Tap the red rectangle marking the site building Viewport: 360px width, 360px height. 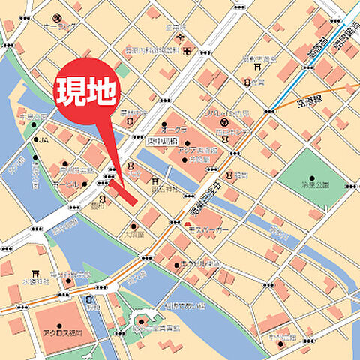tap(122, 190)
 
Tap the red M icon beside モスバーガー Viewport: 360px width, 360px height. tap(187, 224)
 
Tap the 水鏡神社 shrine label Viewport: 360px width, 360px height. tap(36, 280)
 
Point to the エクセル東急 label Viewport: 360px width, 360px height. tap(200, 264)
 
